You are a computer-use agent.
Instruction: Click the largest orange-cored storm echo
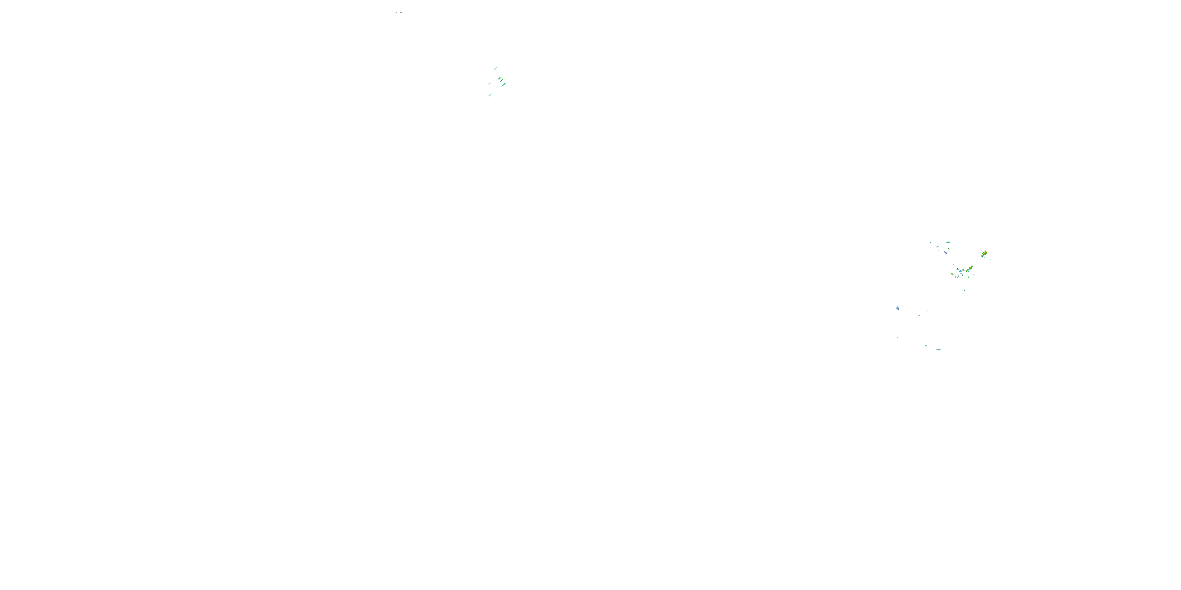pos(984,254)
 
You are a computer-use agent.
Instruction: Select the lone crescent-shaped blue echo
pos(898,308)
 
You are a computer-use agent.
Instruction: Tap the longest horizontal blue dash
pos(939,350)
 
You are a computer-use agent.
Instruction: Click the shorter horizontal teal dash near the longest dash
pos(926,346)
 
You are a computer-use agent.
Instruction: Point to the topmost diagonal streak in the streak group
pos(496,69)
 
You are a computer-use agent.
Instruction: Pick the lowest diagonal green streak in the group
pos(490,95)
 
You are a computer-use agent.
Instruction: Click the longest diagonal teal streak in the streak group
pos(504,85)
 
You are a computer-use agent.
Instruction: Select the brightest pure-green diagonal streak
pos(502,81)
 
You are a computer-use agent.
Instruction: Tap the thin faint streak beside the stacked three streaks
pos(490,83)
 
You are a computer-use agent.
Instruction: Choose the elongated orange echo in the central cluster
pos(970,268)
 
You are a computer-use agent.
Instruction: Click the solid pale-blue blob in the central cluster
pos(961,271)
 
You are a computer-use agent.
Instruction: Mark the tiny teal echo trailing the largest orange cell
pos(991,259)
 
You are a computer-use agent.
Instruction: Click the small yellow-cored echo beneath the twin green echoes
pos(946,253)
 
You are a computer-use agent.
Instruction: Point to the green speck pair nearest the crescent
pos(919,315)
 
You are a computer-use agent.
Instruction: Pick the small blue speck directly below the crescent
pos(898,337)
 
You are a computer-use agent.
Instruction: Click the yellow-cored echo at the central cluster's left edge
pos(952,275)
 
